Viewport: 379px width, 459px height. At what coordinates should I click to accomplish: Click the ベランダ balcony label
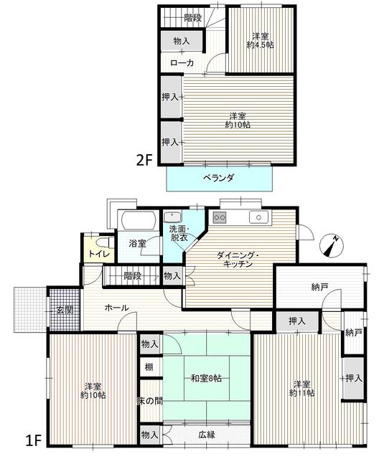point(219,177)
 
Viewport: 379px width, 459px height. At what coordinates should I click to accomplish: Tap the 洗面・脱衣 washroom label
point(179,233)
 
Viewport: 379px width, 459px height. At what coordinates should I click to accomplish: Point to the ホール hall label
point(116,308)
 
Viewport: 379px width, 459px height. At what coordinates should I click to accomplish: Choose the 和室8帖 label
point(206,378)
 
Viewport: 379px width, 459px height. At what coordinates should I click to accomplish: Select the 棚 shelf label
point(149,368)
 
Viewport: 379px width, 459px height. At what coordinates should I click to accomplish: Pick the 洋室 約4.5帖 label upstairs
point(261,41)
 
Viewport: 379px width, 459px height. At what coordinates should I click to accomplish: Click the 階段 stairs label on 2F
point(192,18)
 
